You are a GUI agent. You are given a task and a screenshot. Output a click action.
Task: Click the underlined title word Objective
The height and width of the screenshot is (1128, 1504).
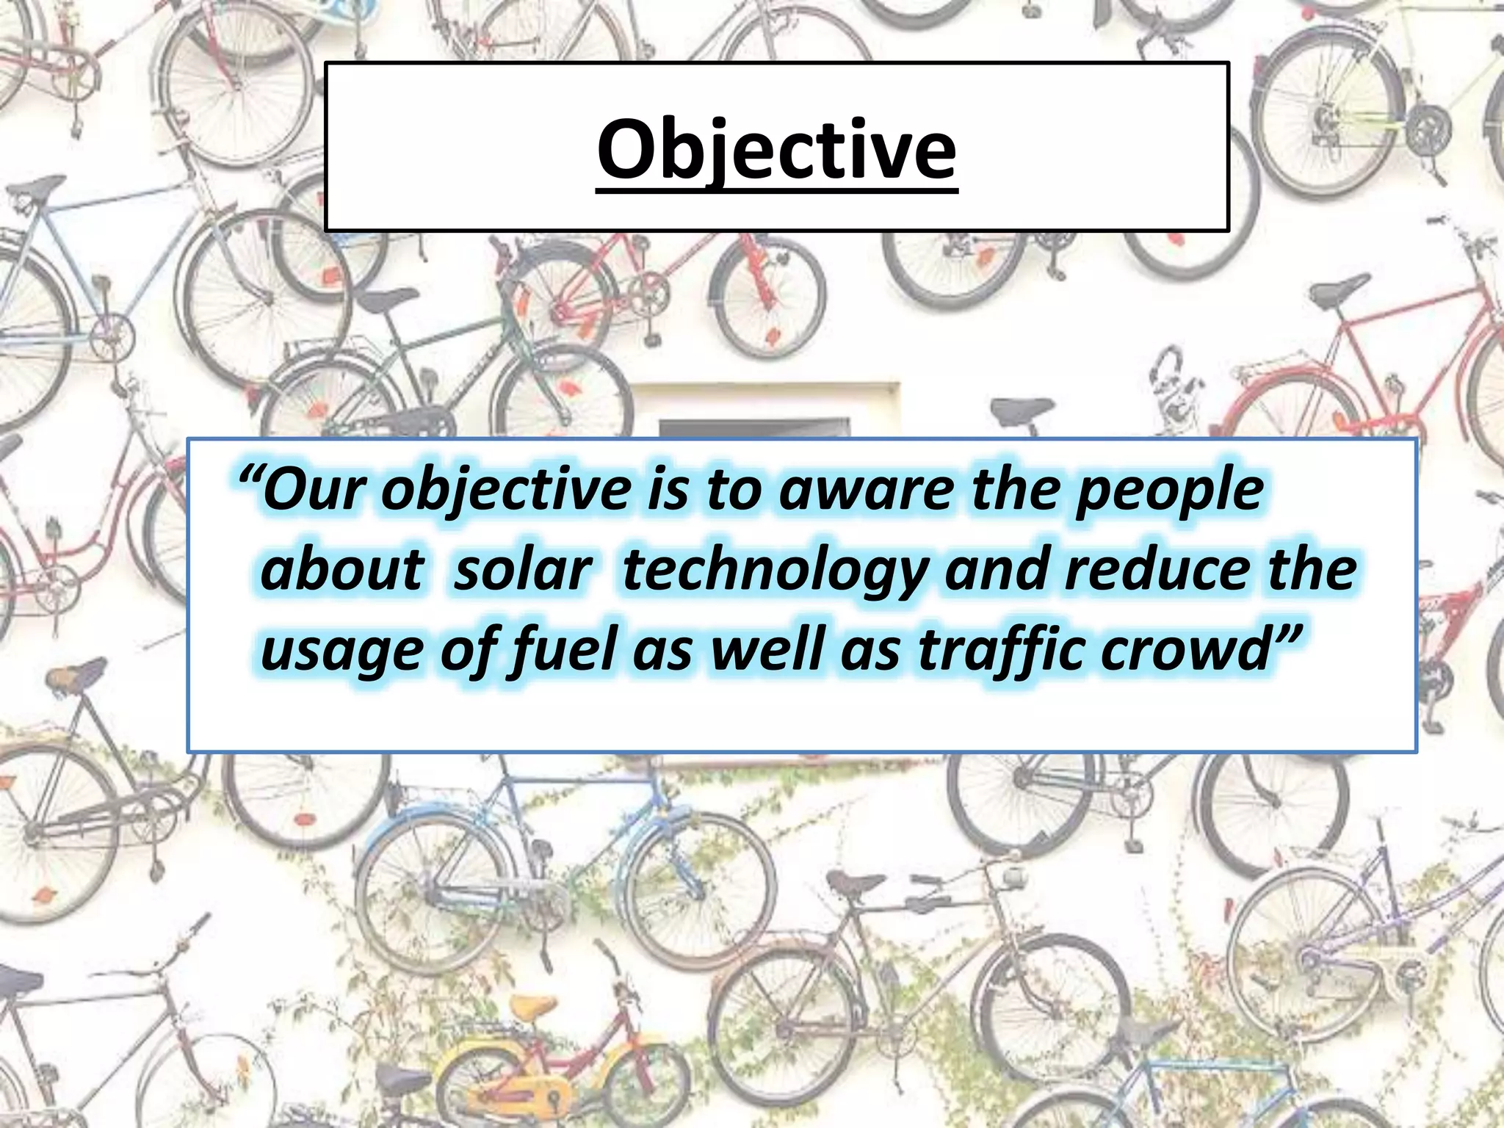777,151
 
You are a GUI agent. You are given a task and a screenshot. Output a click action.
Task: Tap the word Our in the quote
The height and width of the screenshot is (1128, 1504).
313,490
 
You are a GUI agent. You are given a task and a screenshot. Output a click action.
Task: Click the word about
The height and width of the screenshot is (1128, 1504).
342,571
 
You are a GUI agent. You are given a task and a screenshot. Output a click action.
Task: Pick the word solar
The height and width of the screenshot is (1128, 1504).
523,571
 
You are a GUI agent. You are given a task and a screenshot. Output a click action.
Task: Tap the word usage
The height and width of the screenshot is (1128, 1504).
339,652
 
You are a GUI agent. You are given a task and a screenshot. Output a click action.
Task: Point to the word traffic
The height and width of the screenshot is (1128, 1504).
999,651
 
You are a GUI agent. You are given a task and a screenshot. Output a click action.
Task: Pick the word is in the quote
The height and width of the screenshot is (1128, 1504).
665,490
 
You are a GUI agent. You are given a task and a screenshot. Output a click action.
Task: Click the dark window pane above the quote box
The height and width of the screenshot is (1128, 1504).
754,428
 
